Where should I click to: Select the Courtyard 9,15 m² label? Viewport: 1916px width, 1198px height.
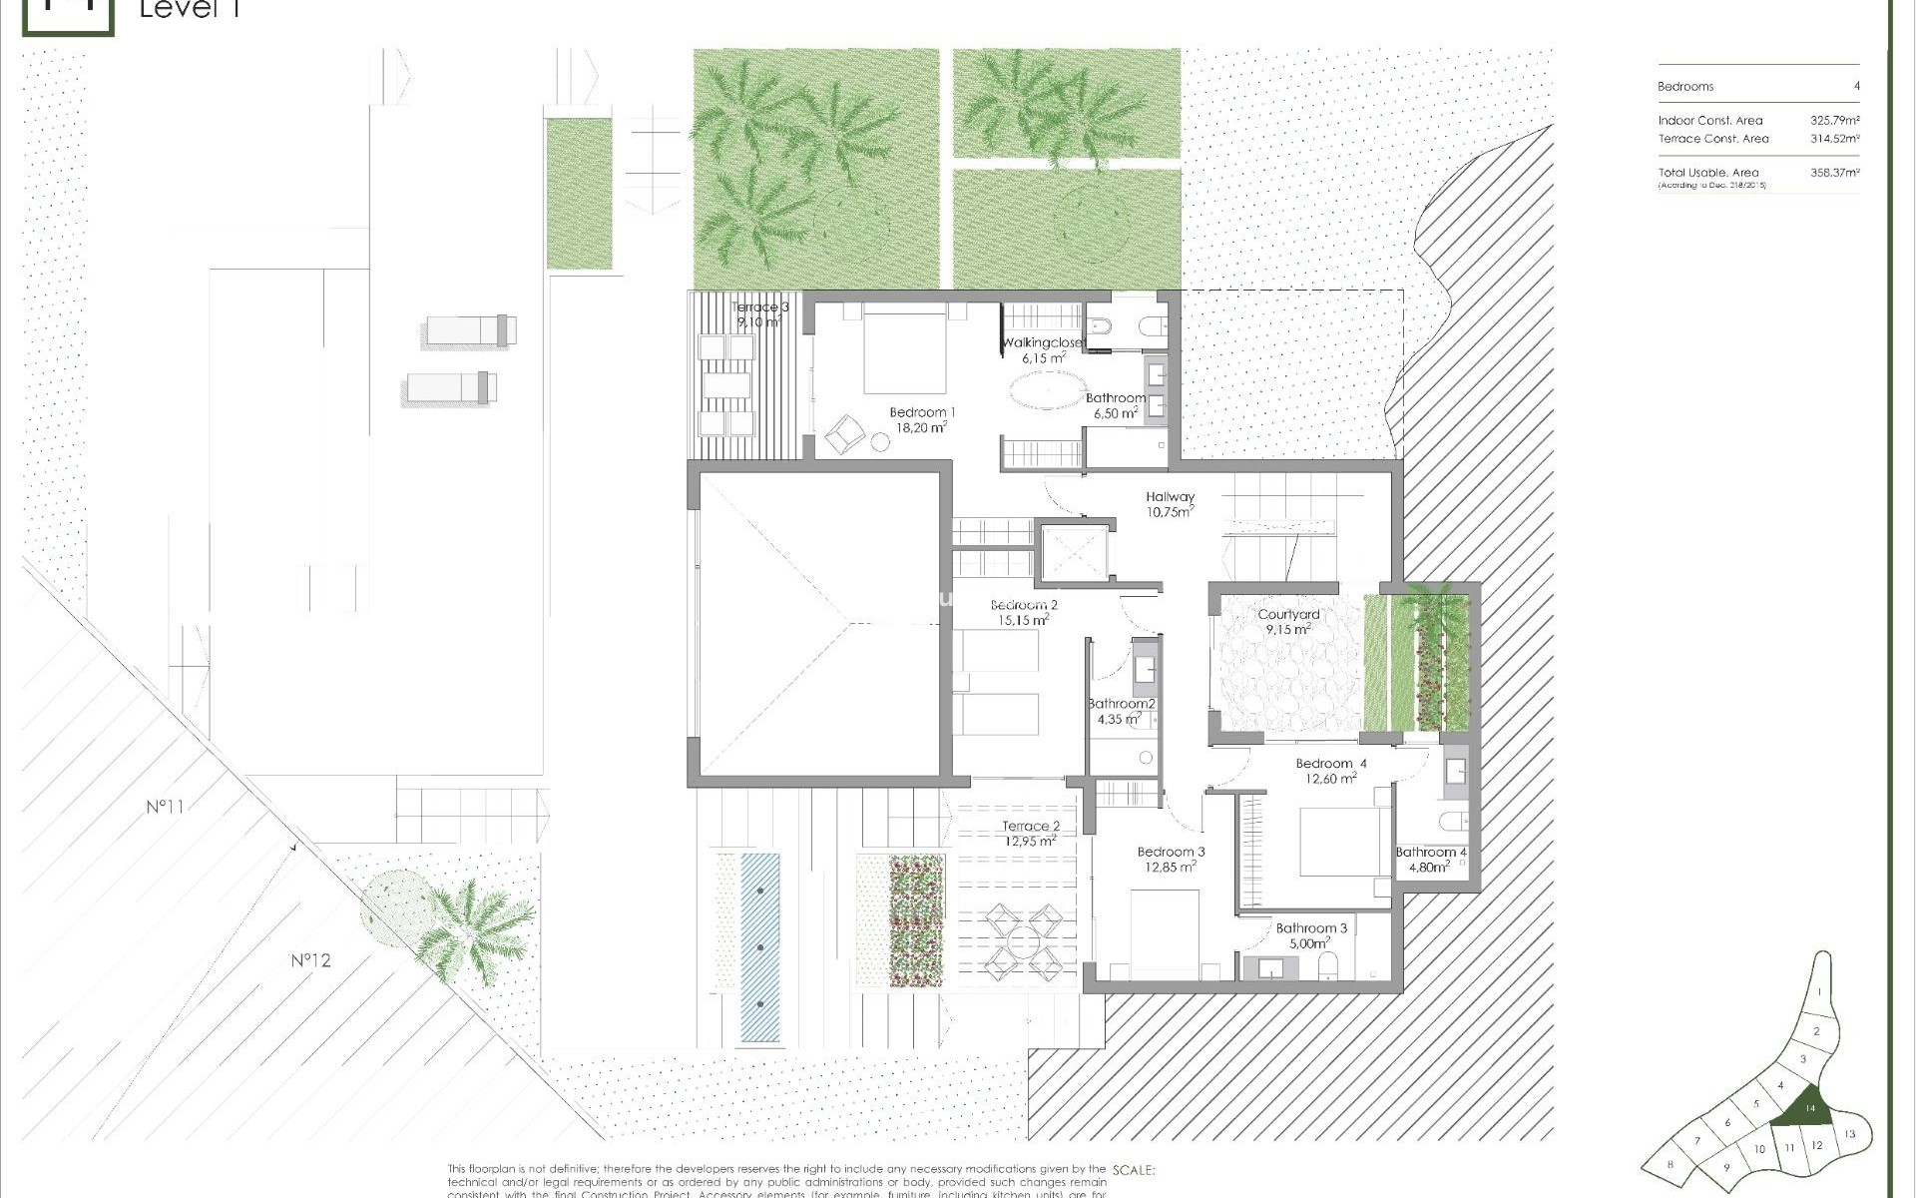(x=1288, y=622)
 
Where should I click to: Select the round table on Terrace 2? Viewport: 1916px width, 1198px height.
(x=1024, y=940)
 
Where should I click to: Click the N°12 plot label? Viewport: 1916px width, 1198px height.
(x=310, y=960)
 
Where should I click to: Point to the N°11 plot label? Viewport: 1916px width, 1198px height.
(x=166, y=806)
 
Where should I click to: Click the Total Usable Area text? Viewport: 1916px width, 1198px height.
(x=1708, y=173)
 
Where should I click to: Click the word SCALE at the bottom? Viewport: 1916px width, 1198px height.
(x=1133, y=1170)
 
